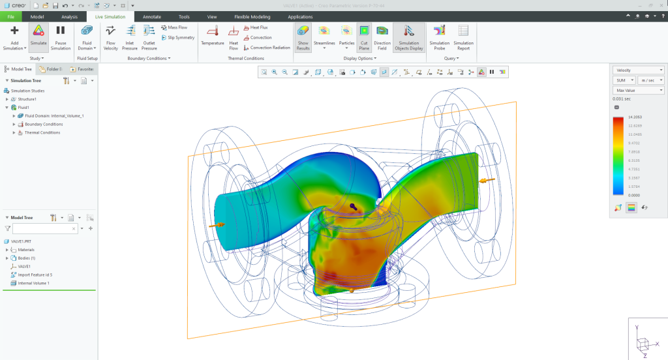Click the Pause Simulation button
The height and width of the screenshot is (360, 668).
[60, 36]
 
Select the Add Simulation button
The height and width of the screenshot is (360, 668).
[14, 36]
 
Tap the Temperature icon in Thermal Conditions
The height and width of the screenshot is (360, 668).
[212, 35]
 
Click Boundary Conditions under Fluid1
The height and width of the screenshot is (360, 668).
[43, 124]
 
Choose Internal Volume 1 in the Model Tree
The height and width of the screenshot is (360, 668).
[33, 283]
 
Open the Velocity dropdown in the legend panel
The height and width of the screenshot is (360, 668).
[639, 70]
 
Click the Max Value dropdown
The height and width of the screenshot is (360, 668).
[639, 90]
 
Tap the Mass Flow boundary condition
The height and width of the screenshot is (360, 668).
[177, 28]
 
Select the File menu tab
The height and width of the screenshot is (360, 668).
[10, 16]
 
